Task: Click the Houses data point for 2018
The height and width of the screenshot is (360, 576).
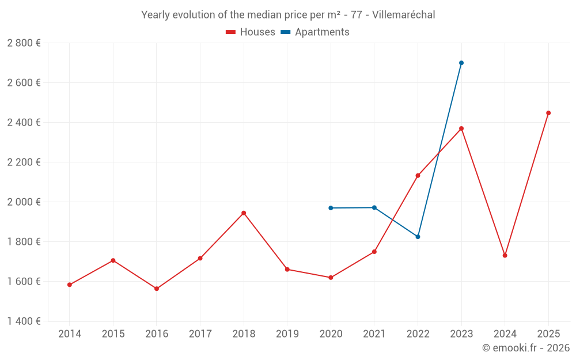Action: (244, 213)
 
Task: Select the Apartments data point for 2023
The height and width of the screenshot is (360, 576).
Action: (461, 63)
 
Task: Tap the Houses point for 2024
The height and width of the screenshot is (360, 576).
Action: (505, 255)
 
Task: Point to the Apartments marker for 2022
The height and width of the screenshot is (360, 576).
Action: (418, 237)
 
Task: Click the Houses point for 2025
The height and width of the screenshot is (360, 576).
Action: (548, 113)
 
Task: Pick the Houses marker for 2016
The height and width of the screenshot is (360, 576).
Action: (157, 289)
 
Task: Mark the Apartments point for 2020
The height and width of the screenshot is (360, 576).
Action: (331, 208)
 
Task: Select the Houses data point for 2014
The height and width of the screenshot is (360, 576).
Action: (70, 285)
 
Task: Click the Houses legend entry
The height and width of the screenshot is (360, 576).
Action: (251, 32)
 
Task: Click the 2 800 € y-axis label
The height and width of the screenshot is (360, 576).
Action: (24, 43)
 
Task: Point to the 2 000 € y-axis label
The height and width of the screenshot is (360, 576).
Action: (24, 202)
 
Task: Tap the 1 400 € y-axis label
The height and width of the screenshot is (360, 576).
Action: (24, 321)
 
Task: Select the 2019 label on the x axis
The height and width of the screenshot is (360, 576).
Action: (287, 334)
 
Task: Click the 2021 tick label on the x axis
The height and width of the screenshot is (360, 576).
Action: (374, 334)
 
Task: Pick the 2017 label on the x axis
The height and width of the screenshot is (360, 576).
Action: (200, 334)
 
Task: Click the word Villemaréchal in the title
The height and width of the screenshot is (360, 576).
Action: (403, 14)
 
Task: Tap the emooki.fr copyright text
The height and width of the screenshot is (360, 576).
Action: (526, 348)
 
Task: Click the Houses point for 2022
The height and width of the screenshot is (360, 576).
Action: (418, 176)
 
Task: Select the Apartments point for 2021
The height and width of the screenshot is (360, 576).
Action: (374, 207)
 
